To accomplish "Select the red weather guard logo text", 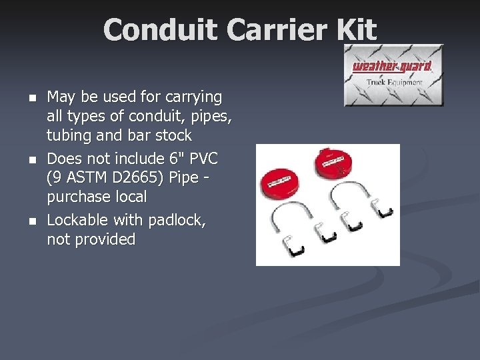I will pyautogui.click(x=392, y=66).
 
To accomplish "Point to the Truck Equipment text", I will pyautogui.click(x=394, y=83).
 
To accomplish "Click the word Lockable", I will pyautogui.click(x=77, y=220).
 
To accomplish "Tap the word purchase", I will pyautogui.click(x=81, y=197).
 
